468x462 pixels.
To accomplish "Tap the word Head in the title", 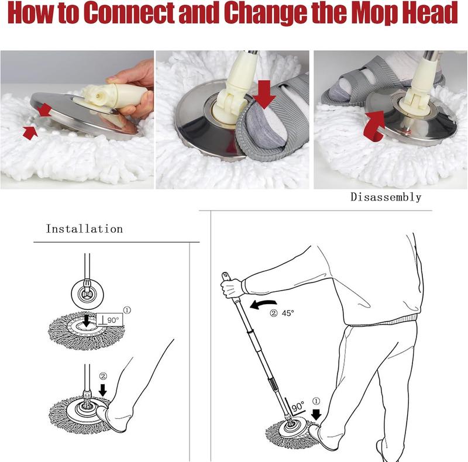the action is pyautogui.click(x=429, y=12).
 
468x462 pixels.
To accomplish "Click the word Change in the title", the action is pyautogui.click(x=266, y=13).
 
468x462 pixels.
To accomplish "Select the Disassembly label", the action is pyautogui.click(x=386, y=197).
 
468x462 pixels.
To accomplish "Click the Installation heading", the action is pyautogui.click(x=84, y=229).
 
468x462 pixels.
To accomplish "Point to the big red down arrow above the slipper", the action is pyautogui.click(x=264, y=94).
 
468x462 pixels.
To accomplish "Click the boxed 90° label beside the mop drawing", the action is pyautogui.click(x=109, y=320).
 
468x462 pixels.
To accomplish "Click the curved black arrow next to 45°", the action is pyautogui.click(x=263, y=305).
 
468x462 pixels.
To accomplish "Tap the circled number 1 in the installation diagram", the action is pyautogui.click(x=127, y=311).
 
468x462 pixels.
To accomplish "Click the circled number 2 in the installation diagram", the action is pyautogui.click(x=103, y=377).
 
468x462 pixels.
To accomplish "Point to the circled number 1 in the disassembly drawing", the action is pyautogui.click(x=316, y=401).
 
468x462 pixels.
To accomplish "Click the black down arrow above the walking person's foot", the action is pyautogui.click(x=316, y=415).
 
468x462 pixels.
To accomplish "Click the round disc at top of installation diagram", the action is pyautogui.click(x=87, y=294).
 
